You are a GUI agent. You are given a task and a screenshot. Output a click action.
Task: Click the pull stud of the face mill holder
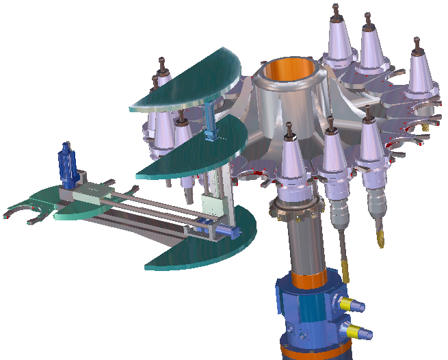(x=291, y=129)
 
